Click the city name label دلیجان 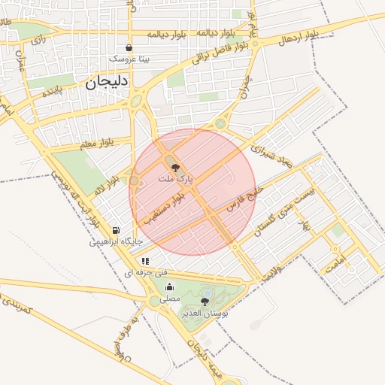pyautogui.click(x=108, y=81)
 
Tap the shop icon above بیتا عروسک pyautogui.click(x=129, y=47)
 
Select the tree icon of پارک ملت pyautogui.click(x=175, y=168)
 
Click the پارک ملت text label pyautogui.click(x=177, y=180)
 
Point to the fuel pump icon pyautogui.click(x=116, y=230)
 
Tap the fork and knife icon pyautogui.click(x=144, y=261)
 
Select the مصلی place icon pyautogui.click(x=169, y=286)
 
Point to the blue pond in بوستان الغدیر pyautogui.click(x=207, y=293)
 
